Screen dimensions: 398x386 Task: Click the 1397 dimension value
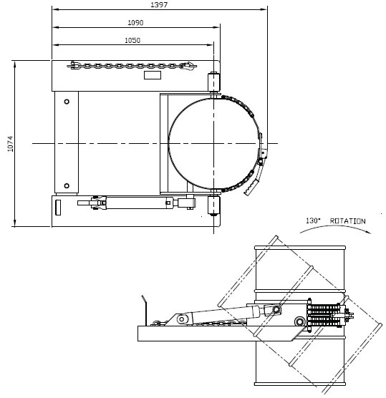point(160,5)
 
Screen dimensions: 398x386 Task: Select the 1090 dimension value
point(135,23)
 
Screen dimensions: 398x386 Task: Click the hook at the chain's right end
point(188,68)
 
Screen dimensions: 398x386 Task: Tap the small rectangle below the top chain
point(153,75)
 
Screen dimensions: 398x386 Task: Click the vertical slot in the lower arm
point(59,207)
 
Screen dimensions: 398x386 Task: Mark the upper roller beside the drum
point(213,80)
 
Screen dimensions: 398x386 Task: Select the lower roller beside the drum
point(213,207)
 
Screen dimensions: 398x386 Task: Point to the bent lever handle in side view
point(145,306)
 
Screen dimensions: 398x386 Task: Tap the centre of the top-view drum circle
point(214,144)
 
